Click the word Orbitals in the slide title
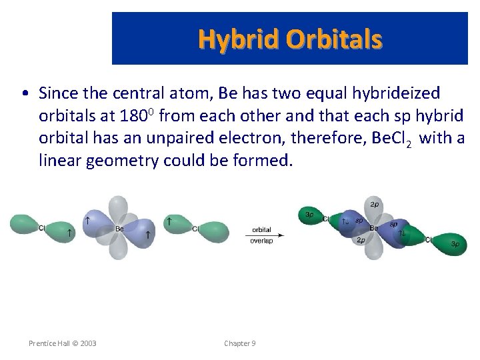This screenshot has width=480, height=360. (335, 40)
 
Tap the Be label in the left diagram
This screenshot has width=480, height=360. (119, 229)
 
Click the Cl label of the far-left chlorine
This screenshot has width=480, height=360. (42, 228)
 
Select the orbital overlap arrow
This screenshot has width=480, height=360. (265, 235)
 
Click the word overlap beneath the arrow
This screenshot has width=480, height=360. (261, 241)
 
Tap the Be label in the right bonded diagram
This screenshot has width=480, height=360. (373, 228)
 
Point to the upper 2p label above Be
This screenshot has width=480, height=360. (375, 203)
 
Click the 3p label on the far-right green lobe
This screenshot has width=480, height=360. (455, 245)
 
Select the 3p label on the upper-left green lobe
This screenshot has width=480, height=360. (309, 215)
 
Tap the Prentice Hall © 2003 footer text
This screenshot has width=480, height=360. (63, 343)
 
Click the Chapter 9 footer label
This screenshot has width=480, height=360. (240, 343)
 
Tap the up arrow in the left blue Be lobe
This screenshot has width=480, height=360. (88, 219)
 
